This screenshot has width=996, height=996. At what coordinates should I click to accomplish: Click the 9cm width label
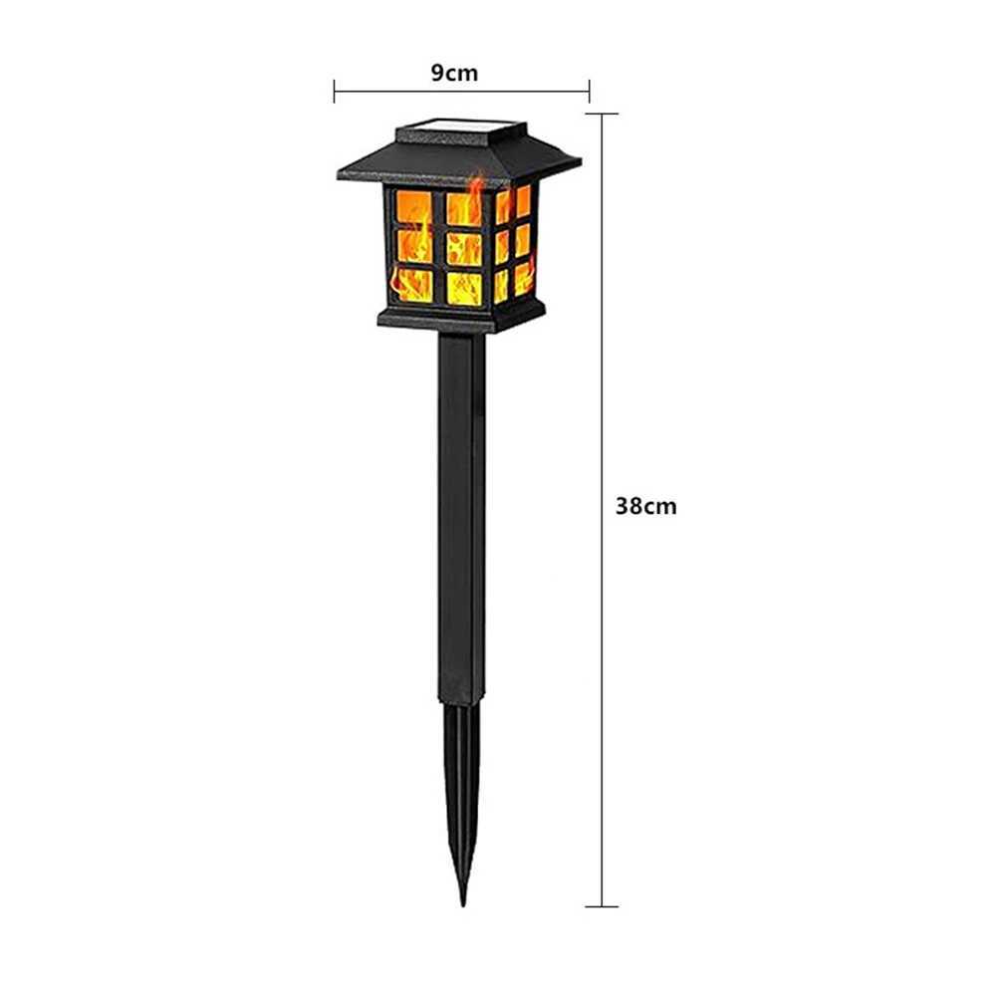(x=454, y=73)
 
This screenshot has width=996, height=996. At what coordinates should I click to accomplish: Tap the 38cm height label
(x=645, y=506)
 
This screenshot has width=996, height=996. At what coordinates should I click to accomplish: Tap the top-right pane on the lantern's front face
(x=463, y=208)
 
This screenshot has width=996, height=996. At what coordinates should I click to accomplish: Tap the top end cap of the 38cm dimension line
(x=601, y=115)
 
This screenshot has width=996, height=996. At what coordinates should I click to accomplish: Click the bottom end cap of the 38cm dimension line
(x=601, y=905)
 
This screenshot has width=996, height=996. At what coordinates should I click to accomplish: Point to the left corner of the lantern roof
(x=342, y=175)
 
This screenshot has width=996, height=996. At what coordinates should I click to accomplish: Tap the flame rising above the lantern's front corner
(x=476, y=189)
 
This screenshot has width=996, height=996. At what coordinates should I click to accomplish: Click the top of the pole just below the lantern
(x=461, y=344)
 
